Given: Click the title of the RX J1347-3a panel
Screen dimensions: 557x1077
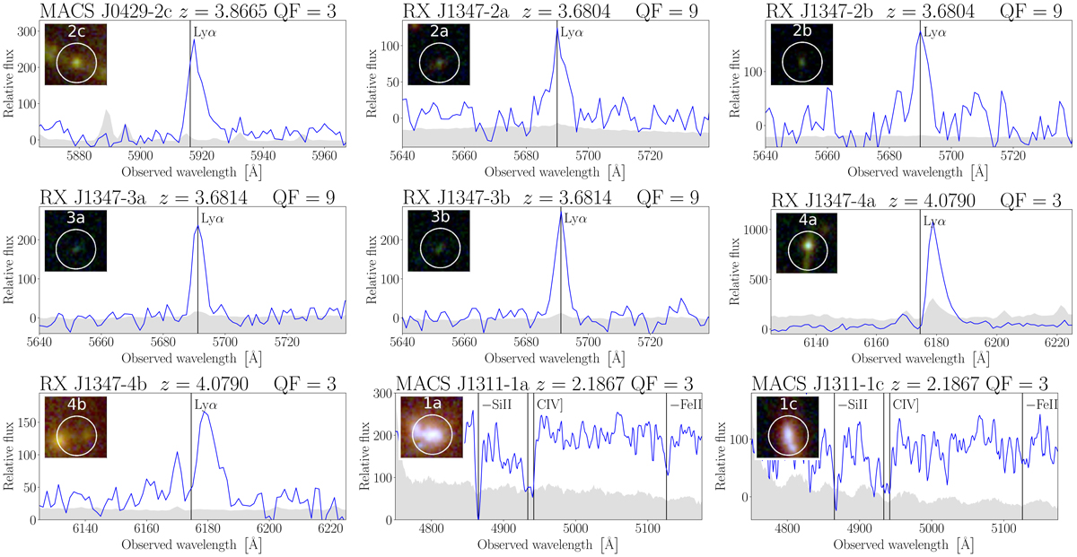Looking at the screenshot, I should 187,196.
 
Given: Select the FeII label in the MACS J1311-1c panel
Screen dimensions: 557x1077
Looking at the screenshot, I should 1041,405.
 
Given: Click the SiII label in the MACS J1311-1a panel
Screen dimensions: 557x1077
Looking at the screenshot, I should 495,405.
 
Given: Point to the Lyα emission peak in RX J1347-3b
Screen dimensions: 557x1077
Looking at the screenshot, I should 561,213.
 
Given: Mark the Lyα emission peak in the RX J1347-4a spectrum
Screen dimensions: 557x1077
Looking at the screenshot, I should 933,222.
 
